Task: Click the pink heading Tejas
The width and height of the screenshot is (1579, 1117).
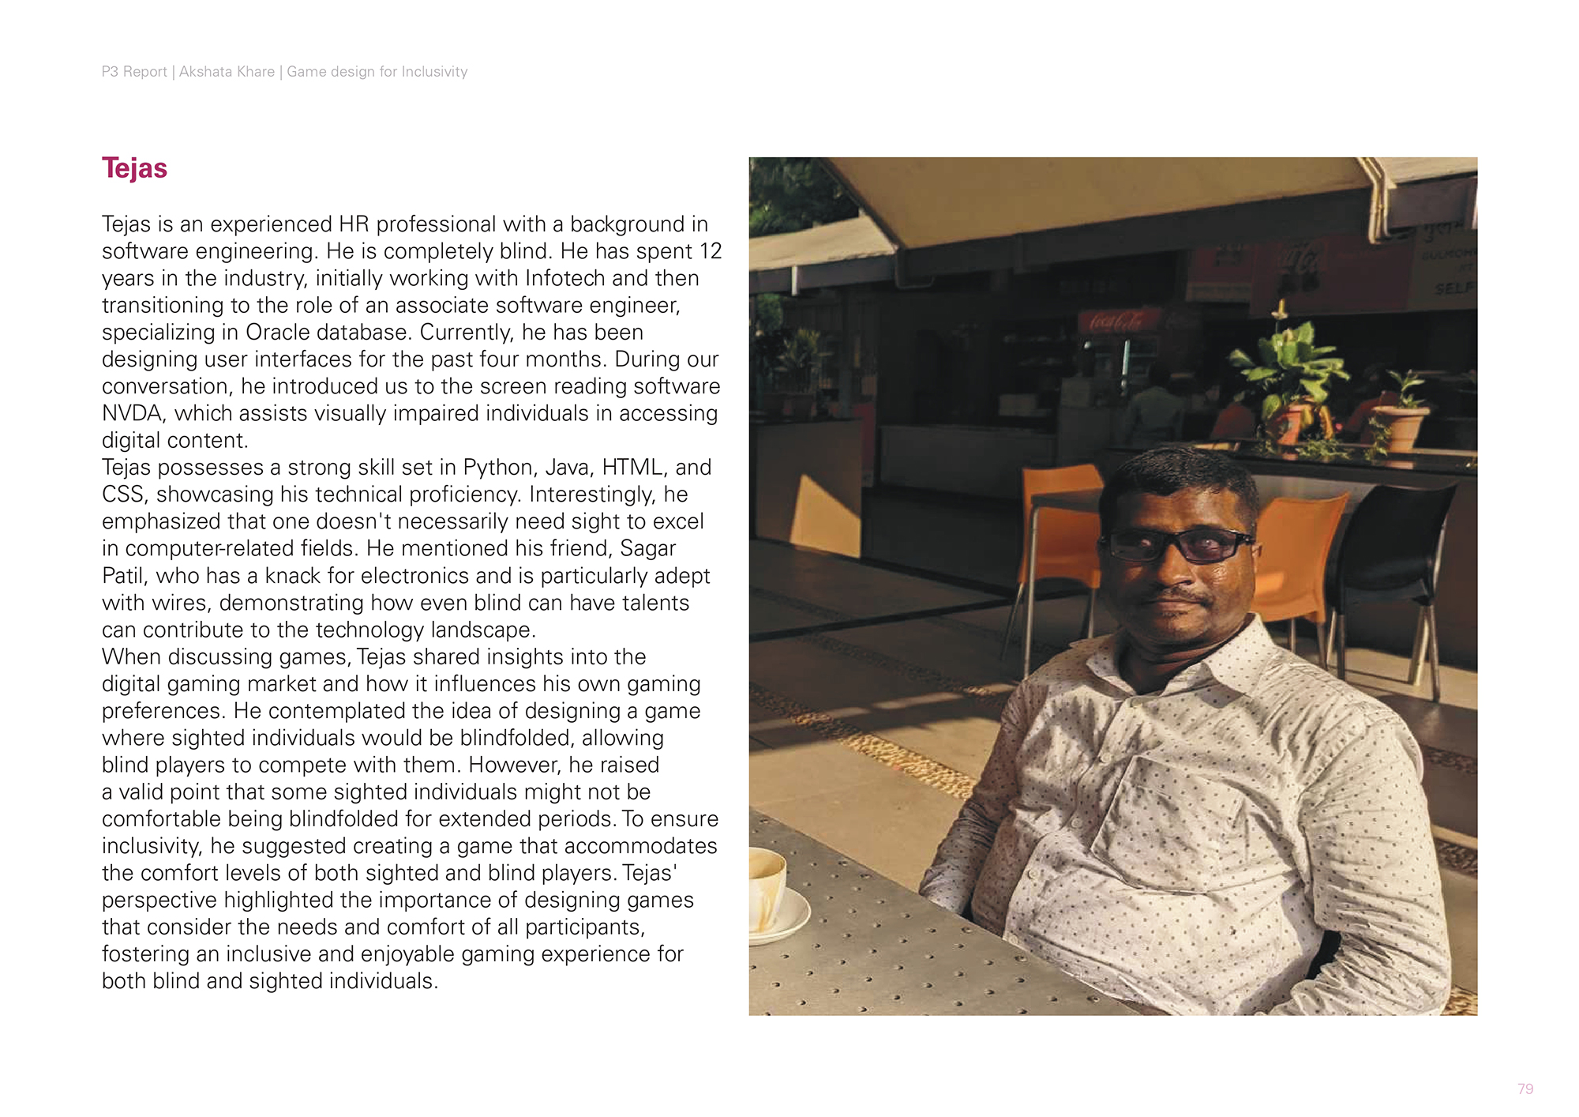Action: (134, 168)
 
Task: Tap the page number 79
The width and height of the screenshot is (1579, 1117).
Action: (1525, 1089)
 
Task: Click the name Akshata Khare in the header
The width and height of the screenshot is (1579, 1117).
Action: (227, 72)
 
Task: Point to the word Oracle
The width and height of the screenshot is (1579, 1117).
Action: (280, 333)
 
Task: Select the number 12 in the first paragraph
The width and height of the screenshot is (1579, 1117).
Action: (711, 251)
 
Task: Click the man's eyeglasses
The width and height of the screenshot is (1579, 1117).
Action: (1179, 544)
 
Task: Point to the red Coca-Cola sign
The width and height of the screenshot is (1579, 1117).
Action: (1119, 321)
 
